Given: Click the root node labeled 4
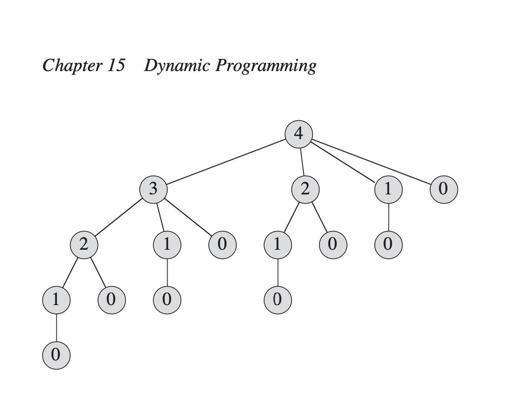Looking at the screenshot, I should coord(299,134).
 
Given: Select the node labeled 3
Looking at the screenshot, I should coord(153,189).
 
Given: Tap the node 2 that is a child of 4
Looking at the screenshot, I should coord(305,189).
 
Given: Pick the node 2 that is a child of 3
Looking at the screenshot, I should coord(84,245).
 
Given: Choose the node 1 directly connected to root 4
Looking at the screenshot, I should coord(388,189).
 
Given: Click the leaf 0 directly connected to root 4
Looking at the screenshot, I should coord(443,189).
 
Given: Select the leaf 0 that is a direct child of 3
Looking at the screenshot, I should coord(222,245).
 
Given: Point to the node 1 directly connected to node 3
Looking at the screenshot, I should coord(167,245).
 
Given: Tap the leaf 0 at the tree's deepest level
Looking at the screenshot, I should coord(56,355).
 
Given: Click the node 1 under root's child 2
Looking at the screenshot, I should coord(277,245).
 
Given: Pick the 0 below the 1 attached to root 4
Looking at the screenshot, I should coord(388,245).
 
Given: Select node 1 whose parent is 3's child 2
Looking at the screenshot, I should coord(56,300).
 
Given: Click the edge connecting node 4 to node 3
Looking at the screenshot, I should coord(226,161).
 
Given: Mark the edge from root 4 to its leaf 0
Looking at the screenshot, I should coord(371,161).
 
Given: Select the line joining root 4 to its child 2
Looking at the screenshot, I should coord(302,161).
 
